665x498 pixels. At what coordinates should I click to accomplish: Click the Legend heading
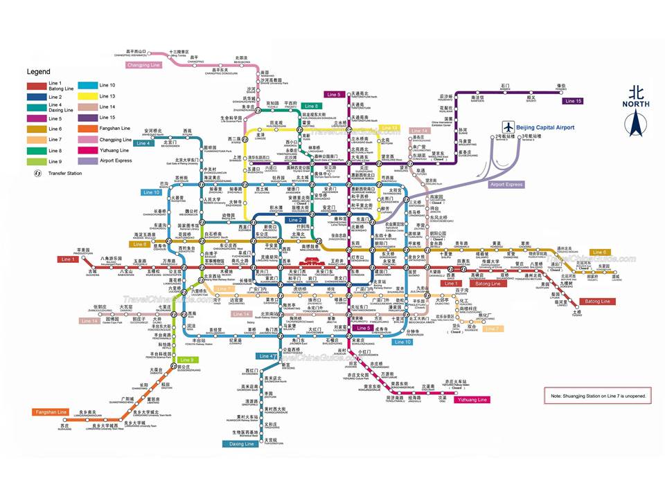tap(39, 71)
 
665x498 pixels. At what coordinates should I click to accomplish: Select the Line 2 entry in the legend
tap(55, 98)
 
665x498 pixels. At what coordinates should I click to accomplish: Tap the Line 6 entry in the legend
tap(55, 129)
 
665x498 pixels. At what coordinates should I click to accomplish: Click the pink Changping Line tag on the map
tap(144, 65)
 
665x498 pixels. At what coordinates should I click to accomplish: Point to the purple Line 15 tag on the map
tap(573, 101)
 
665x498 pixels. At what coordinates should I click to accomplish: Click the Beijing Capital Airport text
tap(547, 128)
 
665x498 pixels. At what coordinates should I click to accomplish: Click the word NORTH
tap(636, 104)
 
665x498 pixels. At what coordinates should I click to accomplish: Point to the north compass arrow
tap(635, 122)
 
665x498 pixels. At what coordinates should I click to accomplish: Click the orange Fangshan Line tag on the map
tap(51, 412)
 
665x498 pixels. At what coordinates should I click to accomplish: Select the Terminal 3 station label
tap(531, 138)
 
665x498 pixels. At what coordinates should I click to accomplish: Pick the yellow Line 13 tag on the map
tap(390, 128)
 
